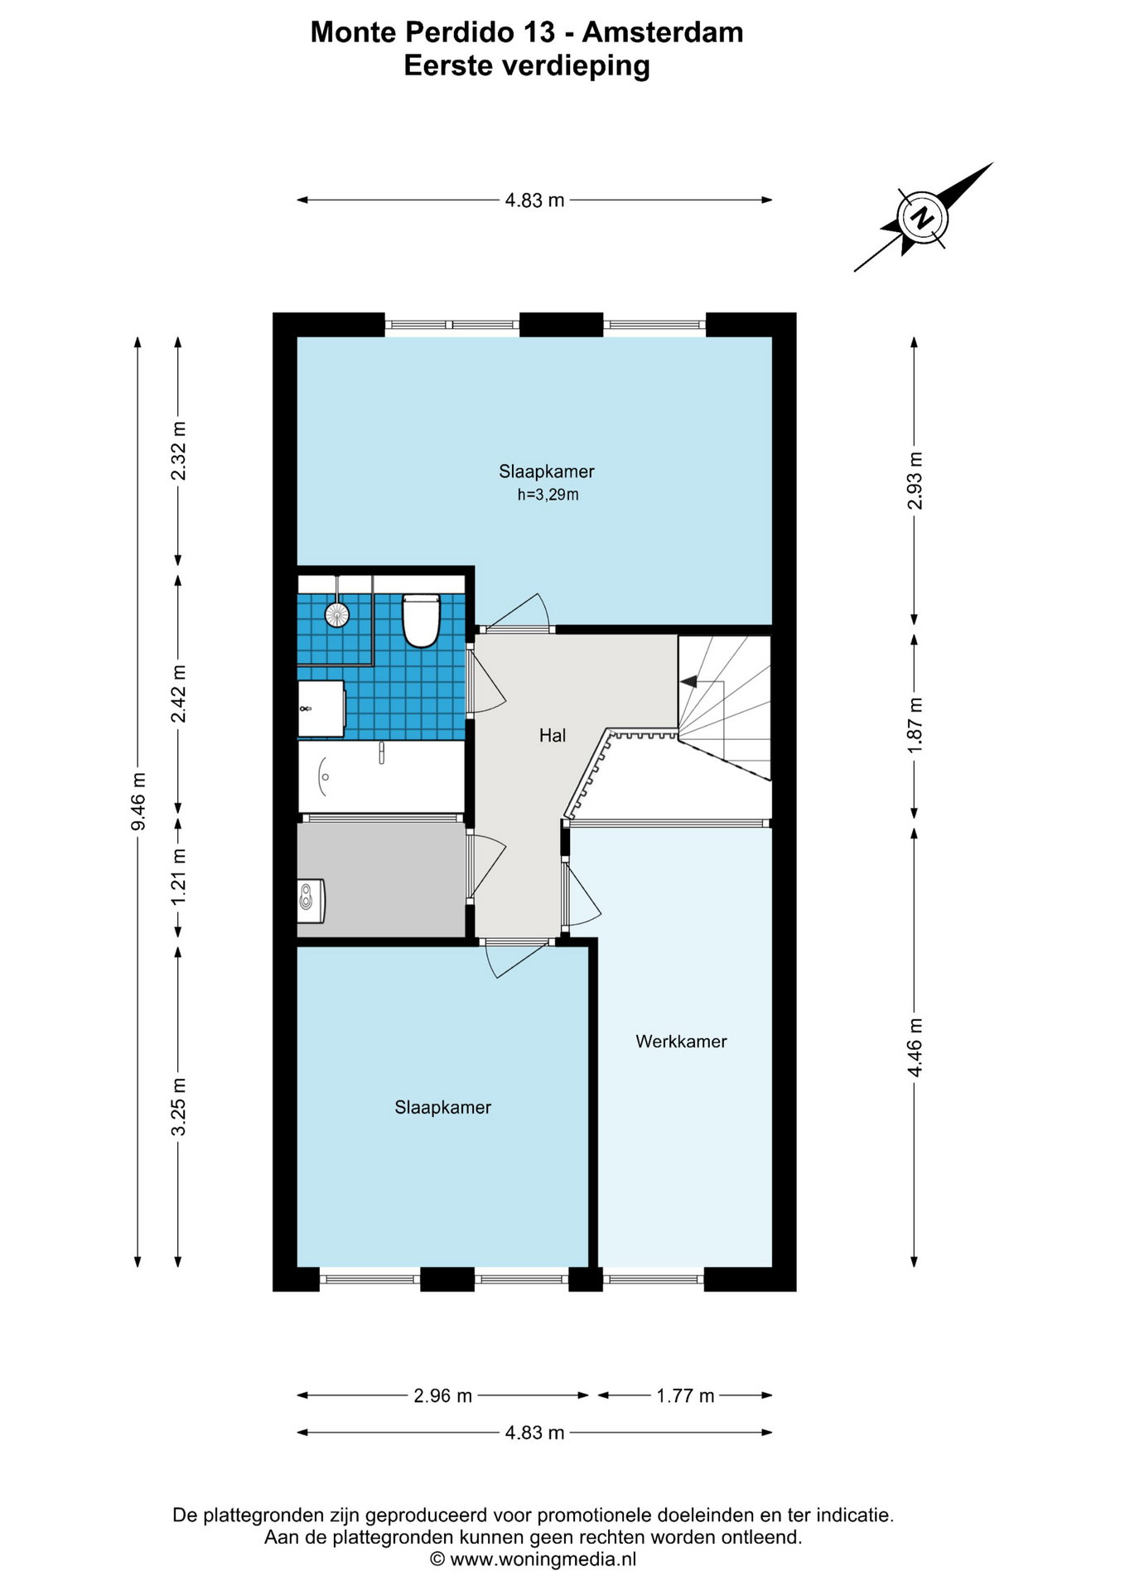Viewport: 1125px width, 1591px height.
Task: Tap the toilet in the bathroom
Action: [420, 620]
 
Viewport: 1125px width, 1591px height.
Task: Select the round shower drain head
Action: [337, 614]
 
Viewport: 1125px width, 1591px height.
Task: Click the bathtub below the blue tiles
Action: [381, 776]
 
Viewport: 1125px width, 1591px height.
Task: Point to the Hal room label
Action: [553, 735]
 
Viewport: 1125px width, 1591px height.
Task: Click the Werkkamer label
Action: [681, 1042]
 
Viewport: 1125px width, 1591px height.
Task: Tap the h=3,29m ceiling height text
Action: [548, 495]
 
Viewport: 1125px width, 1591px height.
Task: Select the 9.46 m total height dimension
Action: [138, 801]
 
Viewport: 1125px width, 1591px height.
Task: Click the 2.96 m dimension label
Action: [442, 1396]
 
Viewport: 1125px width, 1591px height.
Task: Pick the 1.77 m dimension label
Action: [685, 1396]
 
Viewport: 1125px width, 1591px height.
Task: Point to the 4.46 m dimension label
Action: [915, 1047]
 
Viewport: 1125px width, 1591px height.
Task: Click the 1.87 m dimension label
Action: [915, 725]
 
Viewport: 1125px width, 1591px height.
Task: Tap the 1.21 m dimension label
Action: [178, 877]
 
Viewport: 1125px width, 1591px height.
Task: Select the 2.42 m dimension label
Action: [178, 694]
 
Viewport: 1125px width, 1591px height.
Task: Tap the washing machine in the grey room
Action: [311, 901]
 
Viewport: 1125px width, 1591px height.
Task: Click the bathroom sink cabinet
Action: [321, 709]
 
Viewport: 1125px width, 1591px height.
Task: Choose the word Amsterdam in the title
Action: [663, 32]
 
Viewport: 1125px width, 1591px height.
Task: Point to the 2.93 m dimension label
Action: [915, 481]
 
